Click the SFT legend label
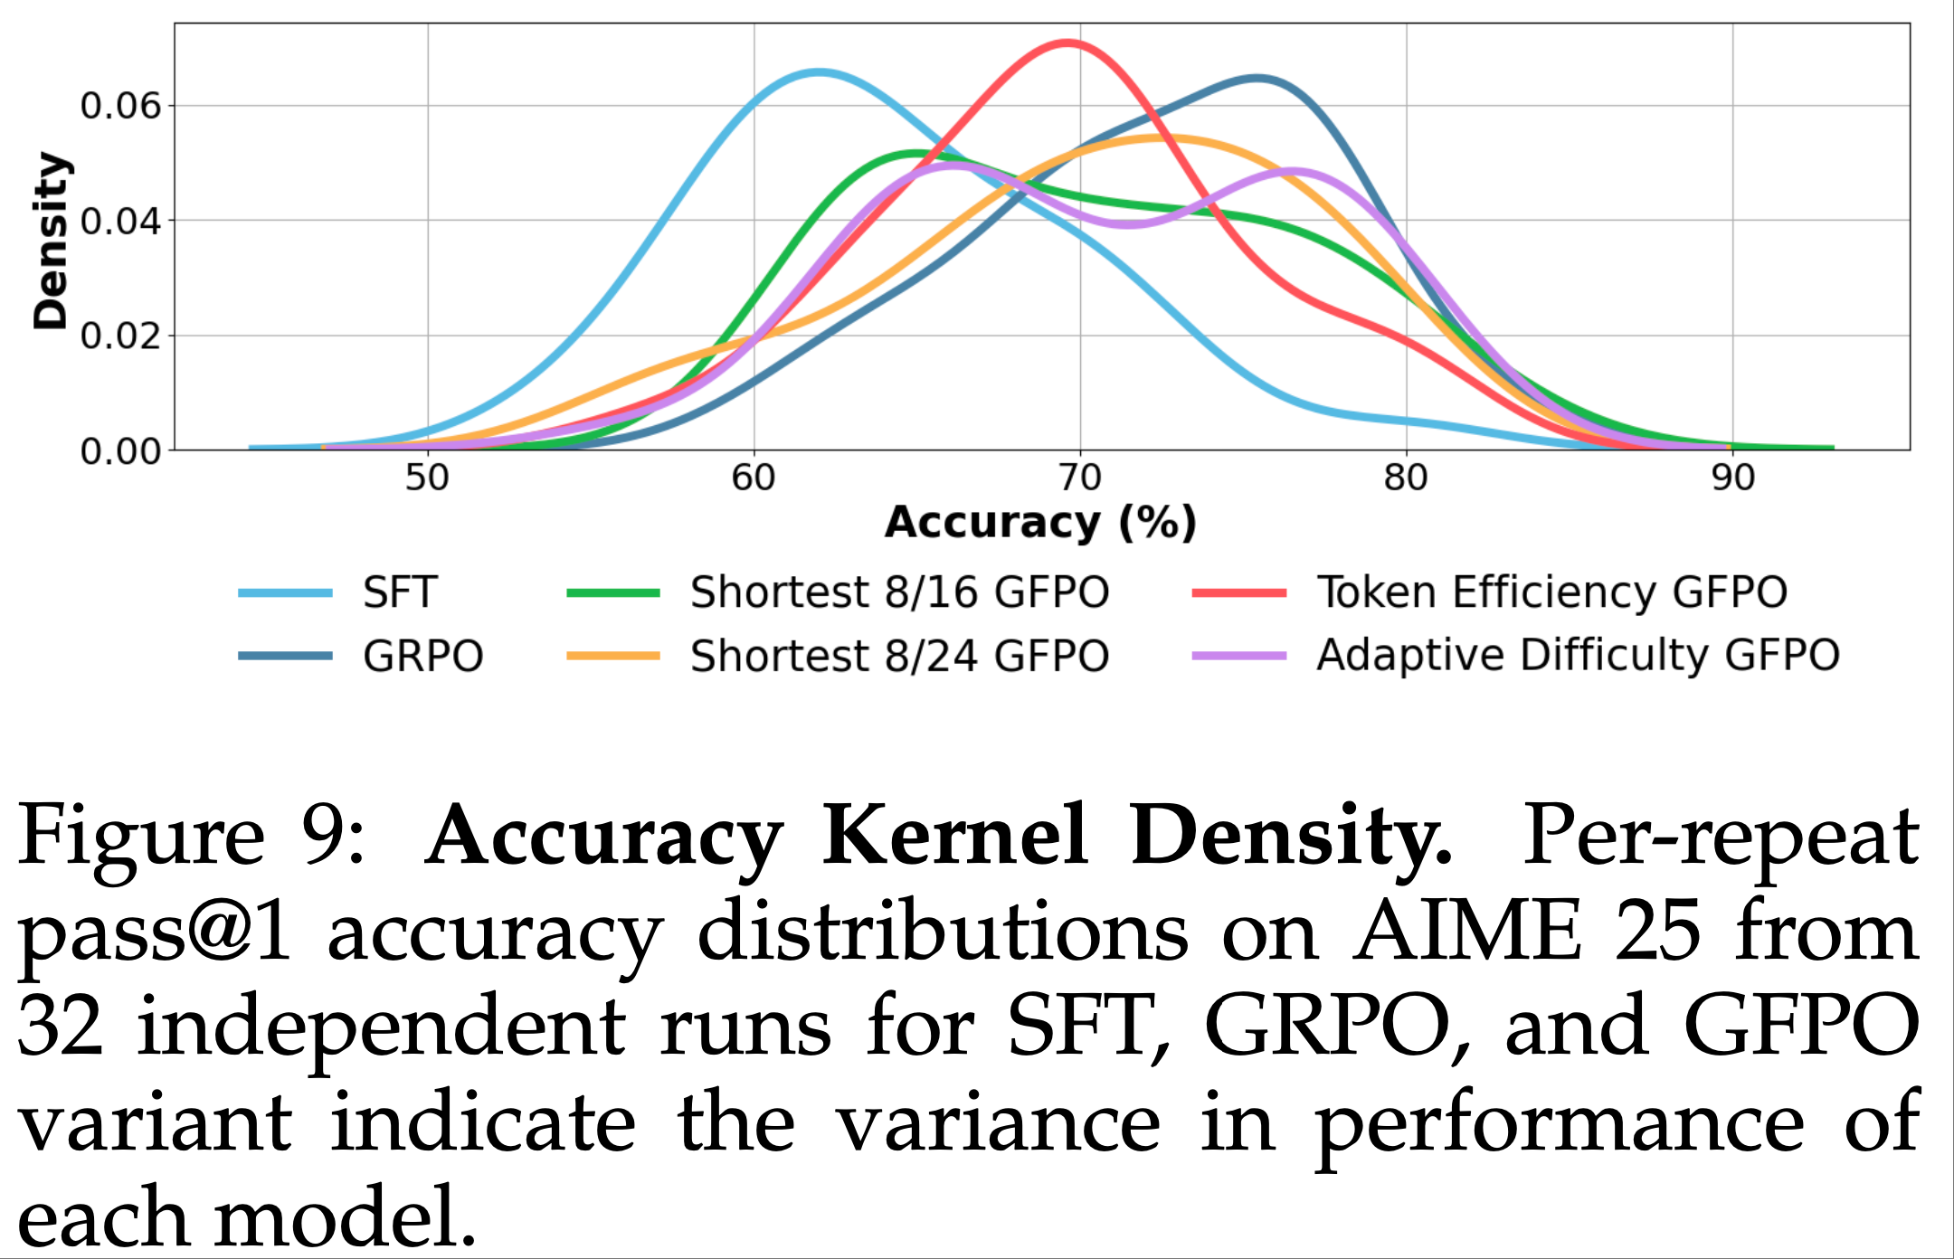400,593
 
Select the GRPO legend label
422,657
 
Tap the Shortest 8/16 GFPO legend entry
899,593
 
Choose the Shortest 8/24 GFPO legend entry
899,657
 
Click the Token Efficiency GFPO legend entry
1551,593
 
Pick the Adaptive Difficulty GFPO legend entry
1578,656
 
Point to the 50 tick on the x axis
427,478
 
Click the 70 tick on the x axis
1080,478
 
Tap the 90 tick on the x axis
1732,478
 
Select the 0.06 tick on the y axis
120,107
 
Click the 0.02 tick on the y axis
120,336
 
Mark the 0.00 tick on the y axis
120,450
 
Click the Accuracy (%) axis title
1040,523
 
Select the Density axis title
51,241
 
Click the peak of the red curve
1068,43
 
